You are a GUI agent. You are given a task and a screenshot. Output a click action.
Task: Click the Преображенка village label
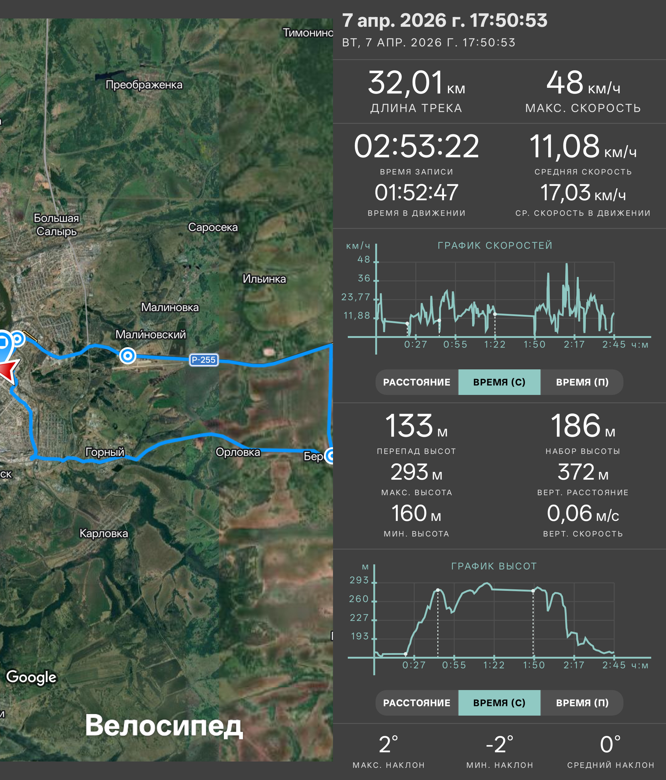click(144, 85)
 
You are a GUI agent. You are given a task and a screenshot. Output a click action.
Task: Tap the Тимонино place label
click(308, 33)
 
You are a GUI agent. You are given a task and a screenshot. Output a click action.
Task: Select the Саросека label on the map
click(213, 227)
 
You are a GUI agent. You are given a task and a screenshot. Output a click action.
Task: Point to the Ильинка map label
click(264, 279)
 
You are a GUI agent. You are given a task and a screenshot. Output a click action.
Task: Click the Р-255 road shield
click(203, 360)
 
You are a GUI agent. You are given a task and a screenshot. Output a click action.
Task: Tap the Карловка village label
click(104, 534)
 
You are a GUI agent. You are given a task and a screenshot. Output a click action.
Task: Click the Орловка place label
click(238, 452)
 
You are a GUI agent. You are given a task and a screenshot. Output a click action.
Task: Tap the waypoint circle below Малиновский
click(128, 355)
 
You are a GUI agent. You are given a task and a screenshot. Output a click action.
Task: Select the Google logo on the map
click(31, 677)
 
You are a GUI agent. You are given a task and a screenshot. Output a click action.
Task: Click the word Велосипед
click(164, 725)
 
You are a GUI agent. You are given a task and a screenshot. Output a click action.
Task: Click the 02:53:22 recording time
click(416, 146)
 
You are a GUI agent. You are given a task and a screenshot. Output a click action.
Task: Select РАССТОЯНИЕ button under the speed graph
click(417, 382)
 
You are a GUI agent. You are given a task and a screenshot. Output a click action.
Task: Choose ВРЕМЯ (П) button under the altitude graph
click(582, 703)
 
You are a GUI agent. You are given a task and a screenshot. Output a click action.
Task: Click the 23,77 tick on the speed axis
click(356, 297)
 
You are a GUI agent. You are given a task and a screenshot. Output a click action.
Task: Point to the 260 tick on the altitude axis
click(359, 599)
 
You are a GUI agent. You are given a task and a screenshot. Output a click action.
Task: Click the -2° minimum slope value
click(499, 744)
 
